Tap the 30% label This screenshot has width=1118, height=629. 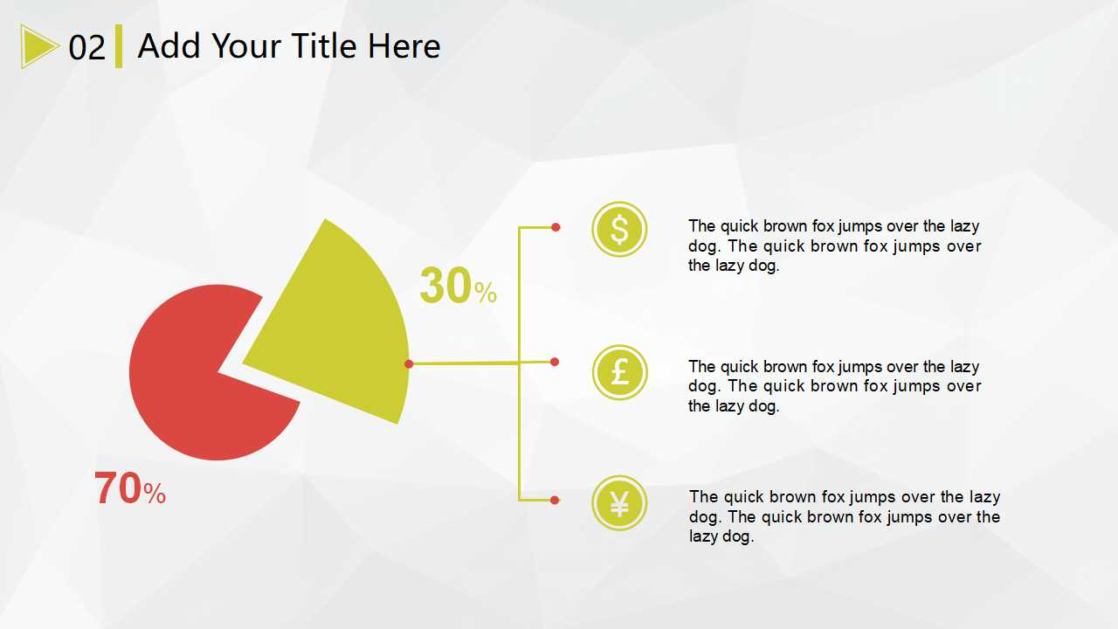(x=459, y=286)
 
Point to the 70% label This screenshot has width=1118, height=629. (x=130, y=488)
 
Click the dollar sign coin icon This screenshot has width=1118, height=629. (x=619, y=229)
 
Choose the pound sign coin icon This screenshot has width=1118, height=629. (x=620, y=372)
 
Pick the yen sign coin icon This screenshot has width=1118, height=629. (x=619, y=502)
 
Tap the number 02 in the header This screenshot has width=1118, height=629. (x=86, y=48)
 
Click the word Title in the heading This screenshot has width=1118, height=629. (x=323, y=46)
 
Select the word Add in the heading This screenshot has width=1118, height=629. (x=169, y=46)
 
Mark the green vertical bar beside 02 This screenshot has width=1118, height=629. (x=119, y=46)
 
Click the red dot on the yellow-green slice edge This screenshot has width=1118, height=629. (x=409, y=364)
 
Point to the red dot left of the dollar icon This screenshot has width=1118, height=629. (x=556, y=227)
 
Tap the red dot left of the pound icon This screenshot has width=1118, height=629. (x=555, y=362)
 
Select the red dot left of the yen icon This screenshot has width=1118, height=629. (x=555, y=501)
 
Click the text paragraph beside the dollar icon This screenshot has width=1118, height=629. (x=834, y=245)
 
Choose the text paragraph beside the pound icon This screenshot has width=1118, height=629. (x=834, y=386)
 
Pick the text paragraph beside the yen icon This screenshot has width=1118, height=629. (x=845, y=516)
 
